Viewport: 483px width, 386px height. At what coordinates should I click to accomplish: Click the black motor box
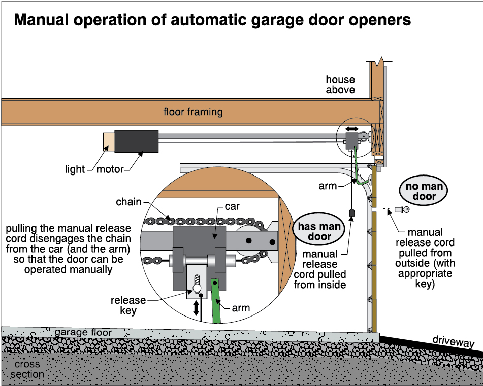(x=136, y=142)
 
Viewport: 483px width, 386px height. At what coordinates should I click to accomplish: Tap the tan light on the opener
(x=109, y=142)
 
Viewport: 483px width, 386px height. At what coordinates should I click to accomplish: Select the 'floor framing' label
(x=193, y=112)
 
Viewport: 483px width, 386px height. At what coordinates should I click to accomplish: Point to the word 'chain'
(x=128, y=202)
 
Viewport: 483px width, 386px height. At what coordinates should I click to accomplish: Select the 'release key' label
(x=128, y=305)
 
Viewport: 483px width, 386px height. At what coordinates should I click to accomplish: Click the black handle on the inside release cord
(x=350, y=212)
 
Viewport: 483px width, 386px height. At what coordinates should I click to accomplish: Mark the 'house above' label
(x=340, y=85)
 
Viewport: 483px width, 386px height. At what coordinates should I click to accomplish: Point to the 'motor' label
(x=110, y=169)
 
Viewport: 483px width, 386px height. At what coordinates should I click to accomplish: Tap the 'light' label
(x=75, y=169)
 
